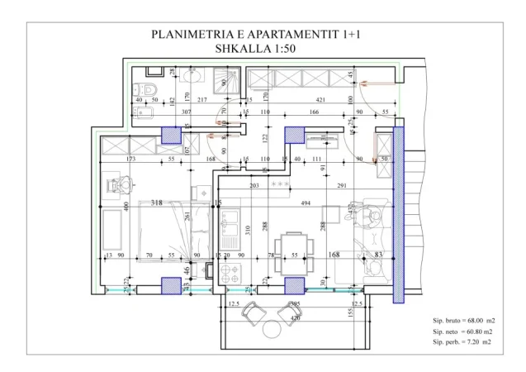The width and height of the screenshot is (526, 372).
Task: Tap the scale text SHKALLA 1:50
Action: click(255, 48)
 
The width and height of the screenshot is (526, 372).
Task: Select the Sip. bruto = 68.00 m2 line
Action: click(463, 320)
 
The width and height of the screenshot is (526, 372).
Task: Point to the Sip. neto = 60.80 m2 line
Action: click(463, 331)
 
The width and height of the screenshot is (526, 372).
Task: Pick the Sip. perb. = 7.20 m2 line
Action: click(463, 341)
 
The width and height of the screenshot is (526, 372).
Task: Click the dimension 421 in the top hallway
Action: click(320, 100)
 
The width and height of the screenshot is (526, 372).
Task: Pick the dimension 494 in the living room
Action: click(306, 203)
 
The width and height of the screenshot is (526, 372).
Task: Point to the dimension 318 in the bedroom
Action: click(157, 202)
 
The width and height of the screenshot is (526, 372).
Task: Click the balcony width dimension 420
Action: click(294, 317)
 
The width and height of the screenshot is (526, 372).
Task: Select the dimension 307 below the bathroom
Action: click(186, 111)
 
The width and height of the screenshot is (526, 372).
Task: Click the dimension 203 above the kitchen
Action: click(254, 186)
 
